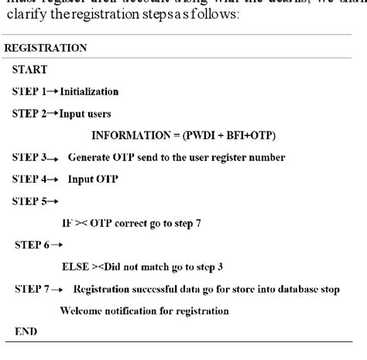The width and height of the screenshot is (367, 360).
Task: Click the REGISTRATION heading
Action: [46, 47]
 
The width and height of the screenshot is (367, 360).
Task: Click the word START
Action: [29, 69]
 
